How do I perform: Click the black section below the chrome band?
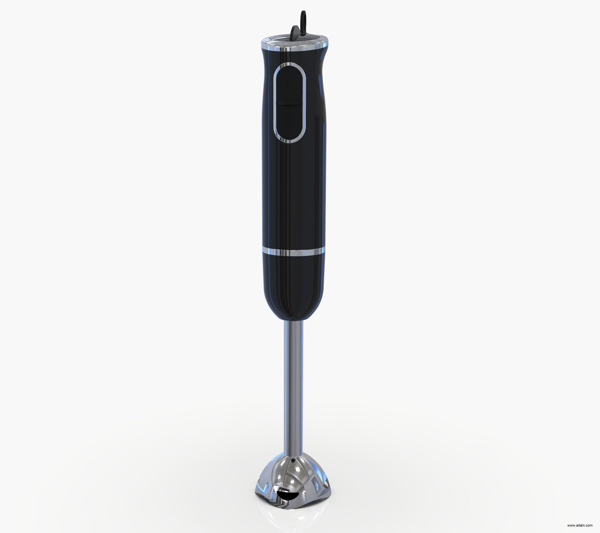(x=294, y=285)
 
